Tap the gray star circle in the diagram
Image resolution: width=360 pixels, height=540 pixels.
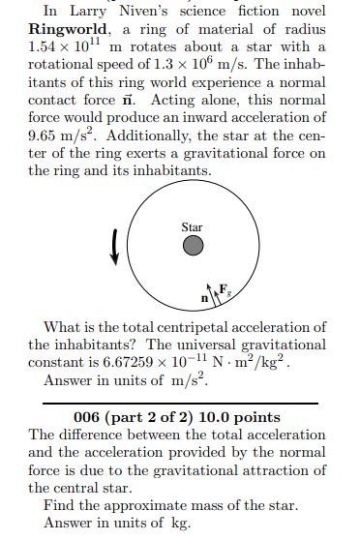point(193,247)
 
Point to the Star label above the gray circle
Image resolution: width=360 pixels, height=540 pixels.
point(192,227)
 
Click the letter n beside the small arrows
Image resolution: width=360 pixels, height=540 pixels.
point(205,297)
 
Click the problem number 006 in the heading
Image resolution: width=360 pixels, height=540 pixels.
point(87,418)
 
